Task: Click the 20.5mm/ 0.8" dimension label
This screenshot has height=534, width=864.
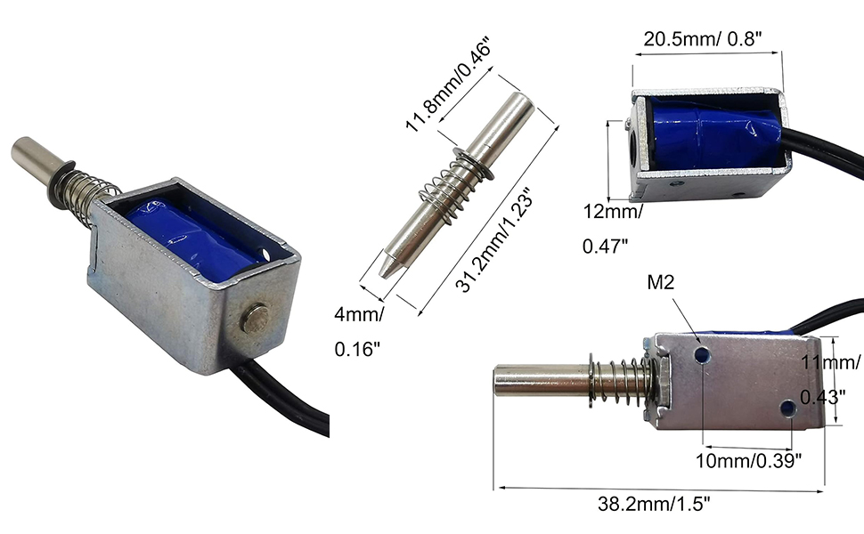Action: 705,39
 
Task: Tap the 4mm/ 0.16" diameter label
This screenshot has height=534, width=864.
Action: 359,330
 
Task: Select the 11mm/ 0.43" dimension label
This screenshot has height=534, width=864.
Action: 830,379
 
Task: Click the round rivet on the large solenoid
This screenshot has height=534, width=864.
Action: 257,317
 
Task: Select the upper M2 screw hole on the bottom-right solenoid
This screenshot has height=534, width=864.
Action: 704,355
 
